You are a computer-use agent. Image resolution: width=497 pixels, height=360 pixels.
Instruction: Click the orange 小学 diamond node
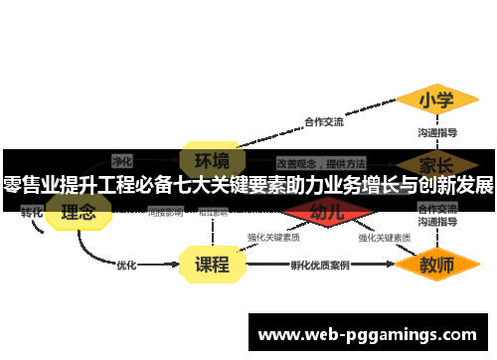[436, 100]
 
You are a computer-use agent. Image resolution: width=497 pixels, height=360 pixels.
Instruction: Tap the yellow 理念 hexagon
[79, 212]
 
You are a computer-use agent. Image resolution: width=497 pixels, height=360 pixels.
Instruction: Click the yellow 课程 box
[212, 265]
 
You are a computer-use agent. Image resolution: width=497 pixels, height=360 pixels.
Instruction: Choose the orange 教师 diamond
[436, 266]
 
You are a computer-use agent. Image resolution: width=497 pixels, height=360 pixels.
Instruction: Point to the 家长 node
[437, 163]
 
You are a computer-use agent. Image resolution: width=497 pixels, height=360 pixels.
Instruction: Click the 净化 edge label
[122, 159]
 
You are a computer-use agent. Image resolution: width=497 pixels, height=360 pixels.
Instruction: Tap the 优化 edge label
[126, 266]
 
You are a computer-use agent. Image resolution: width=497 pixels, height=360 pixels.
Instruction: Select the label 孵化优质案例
[320, 266]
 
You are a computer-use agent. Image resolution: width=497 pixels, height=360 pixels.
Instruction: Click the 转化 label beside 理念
[32, 212]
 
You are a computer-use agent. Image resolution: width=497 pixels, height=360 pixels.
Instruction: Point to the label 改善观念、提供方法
[320, 162]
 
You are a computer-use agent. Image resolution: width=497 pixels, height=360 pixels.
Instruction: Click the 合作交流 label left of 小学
[323, 122]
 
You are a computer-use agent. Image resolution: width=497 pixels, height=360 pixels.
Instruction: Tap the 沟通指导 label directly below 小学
[437, 132]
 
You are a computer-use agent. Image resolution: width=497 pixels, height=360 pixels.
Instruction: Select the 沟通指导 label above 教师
[437, 224]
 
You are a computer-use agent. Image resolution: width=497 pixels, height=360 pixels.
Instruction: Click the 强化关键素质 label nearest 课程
[273, 238]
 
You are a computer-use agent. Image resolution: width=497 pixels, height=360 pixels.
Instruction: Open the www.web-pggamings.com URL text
[367, 334]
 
